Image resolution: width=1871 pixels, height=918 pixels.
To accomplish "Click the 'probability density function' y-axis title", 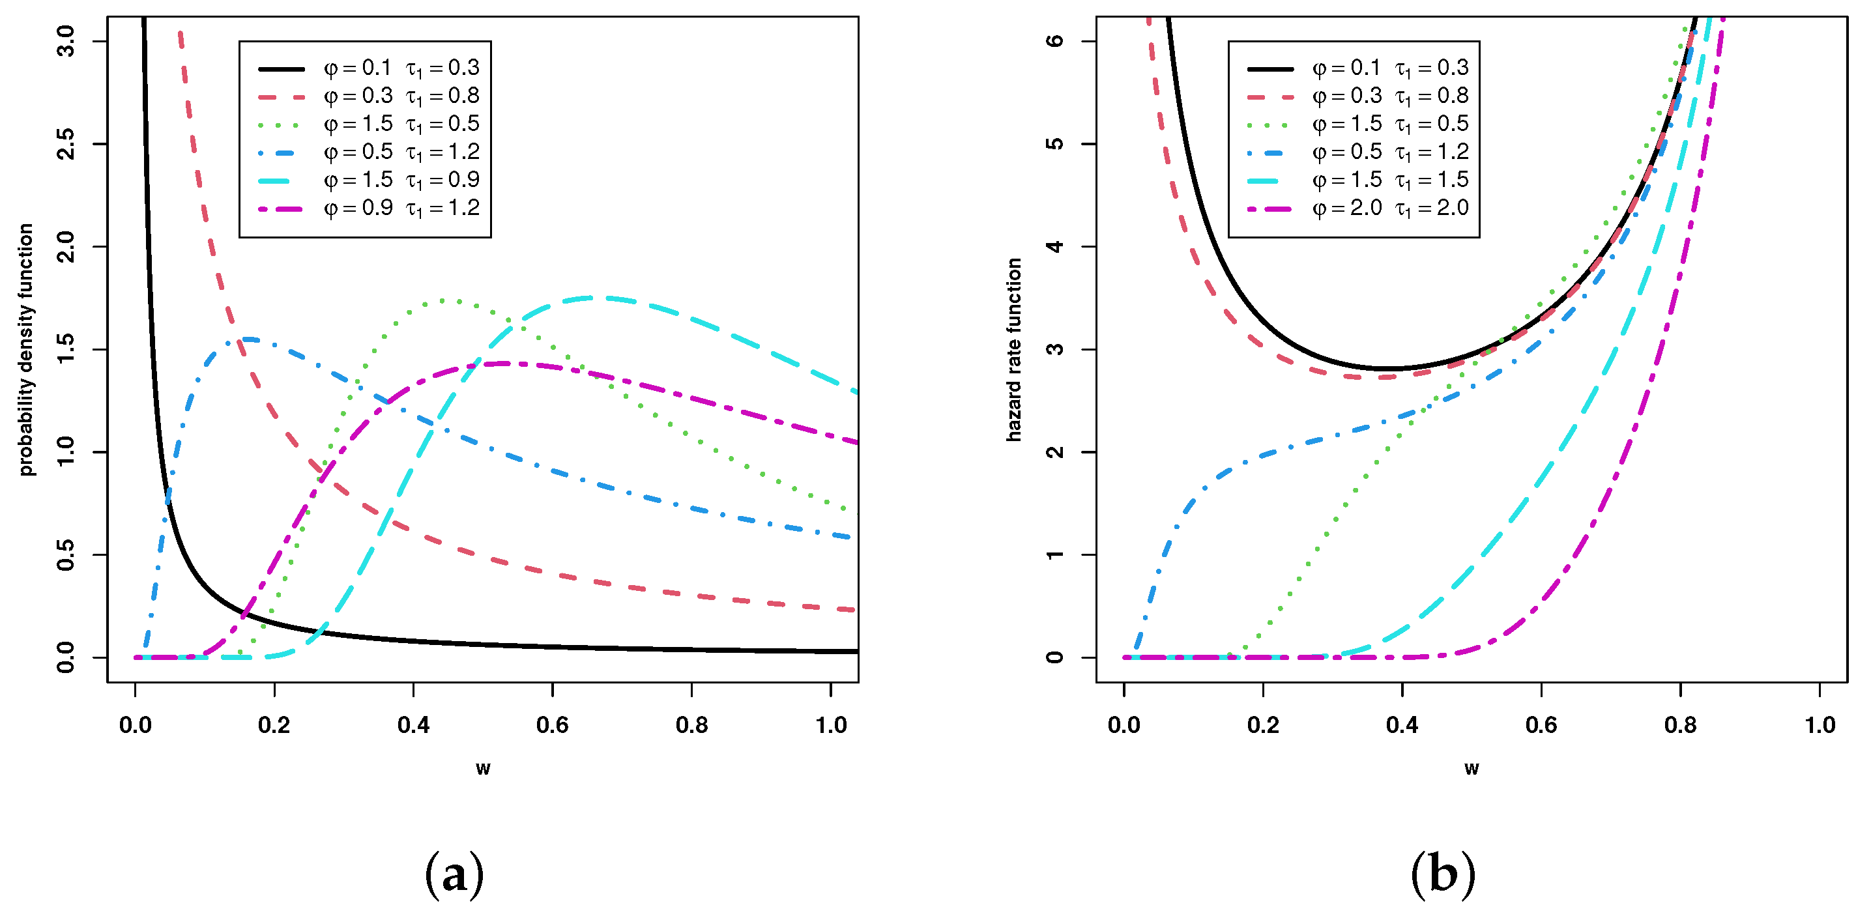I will (26, 349).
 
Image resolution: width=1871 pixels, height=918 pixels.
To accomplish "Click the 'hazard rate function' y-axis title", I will (1014, 349).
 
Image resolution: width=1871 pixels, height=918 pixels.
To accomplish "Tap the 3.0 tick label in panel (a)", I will (65, 42).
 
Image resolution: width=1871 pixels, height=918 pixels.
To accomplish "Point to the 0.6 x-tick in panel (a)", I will (552, 724).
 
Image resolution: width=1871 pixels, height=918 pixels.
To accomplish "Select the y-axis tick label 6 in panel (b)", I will (1054, 42).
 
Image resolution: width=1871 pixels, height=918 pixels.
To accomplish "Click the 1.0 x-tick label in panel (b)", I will (1820, 724).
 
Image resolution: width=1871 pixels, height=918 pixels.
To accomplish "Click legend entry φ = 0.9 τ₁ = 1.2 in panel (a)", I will (401, 208).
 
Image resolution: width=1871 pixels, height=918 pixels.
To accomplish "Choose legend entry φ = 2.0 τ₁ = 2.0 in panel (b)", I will (1390, 208).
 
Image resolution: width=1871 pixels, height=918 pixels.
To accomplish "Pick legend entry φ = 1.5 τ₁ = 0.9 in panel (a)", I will (401, 180).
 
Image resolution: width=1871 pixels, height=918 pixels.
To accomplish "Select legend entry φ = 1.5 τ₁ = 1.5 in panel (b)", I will (1390, 180).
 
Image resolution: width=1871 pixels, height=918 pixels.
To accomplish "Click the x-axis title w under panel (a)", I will (483, 768).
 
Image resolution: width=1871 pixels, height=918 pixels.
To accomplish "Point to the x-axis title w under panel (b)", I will (1472, 768).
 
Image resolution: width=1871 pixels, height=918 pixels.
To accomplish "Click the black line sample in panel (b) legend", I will (1269, 69).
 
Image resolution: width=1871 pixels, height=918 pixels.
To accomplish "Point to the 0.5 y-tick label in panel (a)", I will (65, 555).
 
